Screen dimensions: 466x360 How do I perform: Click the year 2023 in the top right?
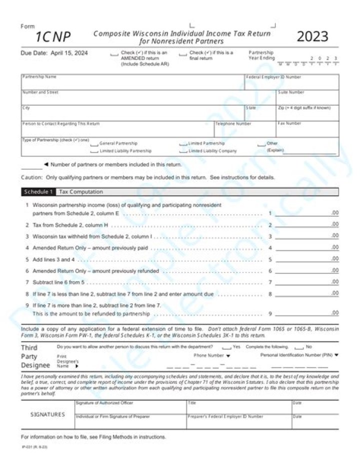click(312, 37)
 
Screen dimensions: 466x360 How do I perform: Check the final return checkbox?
click(182, 54)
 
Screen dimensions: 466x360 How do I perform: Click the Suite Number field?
click(307, 98)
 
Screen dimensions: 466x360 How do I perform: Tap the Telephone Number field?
click(245, 130)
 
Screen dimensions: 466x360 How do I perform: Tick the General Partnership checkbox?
click(94, 144)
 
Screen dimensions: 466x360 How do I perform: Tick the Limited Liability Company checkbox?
click(183, 151)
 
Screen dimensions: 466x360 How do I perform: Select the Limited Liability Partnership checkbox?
click(94, 151)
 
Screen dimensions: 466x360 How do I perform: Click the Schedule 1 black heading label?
click(38, 192)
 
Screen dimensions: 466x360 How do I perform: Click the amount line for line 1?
click(306, 213)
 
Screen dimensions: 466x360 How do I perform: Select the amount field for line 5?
click(306, 259)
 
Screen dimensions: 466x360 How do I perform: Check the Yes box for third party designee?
click(226, 347)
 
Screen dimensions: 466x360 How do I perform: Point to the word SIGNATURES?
click(48, 414)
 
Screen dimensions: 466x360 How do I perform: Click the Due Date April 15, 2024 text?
click(54, 53)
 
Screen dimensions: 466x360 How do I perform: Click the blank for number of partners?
click(31, 166)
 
